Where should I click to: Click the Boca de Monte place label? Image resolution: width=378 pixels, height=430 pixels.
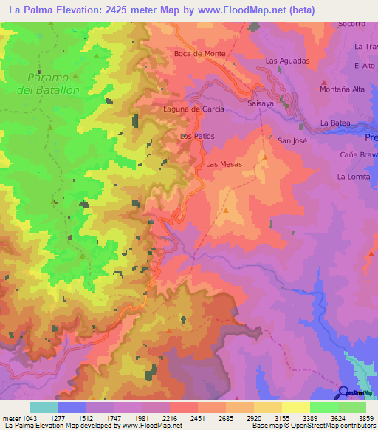[199, 54]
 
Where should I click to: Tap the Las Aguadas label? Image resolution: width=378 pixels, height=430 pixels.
[287, 61]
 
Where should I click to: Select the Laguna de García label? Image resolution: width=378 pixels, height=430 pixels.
[193, 109]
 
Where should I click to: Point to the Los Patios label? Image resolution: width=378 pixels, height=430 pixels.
[197, 137]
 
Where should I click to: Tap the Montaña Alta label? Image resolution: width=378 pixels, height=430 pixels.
[343, 89]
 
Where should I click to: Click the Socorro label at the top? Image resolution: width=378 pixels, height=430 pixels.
[352, 24]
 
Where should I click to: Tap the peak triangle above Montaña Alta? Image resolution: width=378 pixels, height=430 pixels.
[323, 81]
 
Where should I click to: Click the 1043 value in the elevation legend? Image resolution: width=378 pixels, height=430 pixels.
[25, 418]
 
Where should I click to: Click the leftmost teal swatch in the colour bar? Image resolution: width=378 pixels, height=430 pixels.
[44, 407]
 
